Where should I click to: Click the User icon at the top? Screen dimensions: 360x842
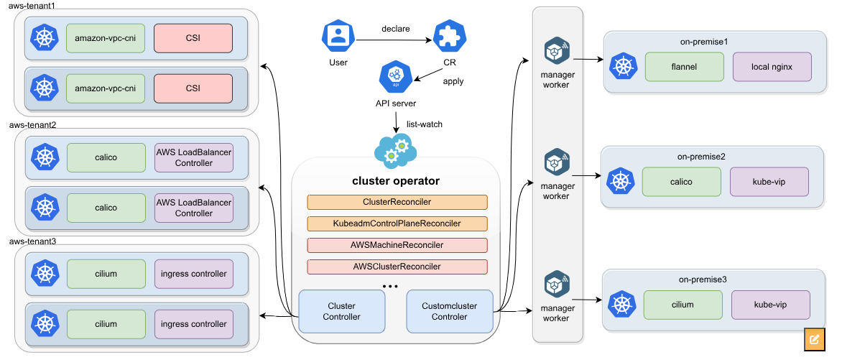click(x=338, y=36)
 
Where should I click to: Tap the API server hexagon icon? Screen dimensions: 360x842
click(x=395, y=77)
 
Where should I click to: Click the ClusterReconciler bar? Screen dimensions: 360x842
click(x=397, y=203)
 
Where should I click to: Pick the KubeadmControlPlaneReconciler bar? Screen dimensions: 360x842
click(x=397, y=223)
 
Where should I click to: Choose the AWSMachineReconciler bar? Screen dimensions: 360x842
click(x=397, y=245)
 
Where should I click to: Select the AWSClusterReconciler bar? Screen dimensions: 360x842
click(x=397, y=267)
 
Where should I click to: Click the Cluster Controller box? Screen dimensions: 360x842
click(x=341, y=311)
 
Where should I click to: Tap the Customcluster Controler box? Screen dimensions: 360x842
click(x=450, y=311)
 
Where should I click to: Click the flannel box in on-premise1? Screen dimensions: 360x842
click(x=683, y=67)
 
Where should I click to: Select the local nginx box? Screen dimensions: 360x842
click(x=772, y=67)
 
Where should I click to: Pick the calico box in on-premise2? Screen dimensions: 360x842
click(x=681, y=182)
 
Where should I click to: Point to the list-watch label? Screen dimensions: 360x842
click(x=425, y=124)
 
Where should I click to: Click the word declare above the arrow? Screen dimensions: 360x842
click(x=396, y=29)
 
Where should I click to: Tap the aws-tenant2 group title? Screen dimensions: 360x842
click(x=32, y=124)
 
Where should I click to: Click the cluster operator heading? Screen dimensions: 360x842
click(x=396, y=181)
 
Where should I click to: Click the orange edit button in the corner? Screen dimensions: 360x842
click(x=815, y=339)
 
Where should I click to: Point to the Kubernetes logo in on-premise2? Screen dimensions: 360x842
click(x=620, y=182)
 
